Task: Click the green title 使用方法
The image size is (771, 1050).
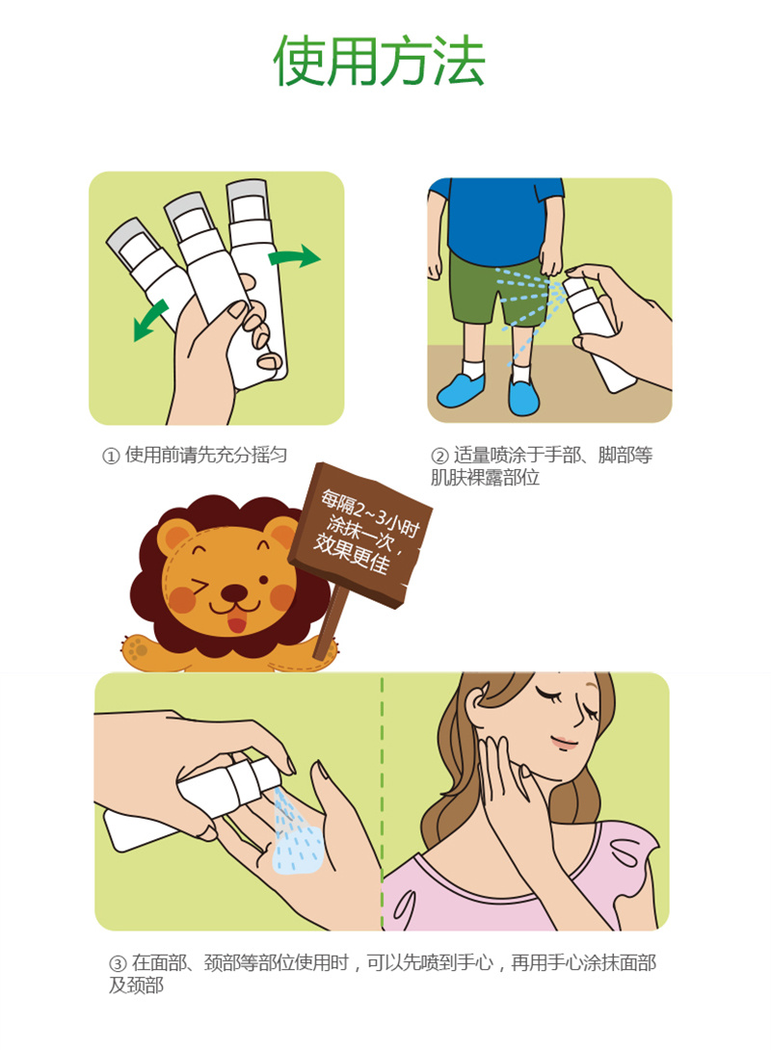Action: (379, 61)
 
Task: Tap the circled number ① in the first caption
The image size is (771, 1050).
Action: (111, 456)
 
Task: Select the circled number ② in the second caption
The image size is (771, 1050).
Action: (439, 456)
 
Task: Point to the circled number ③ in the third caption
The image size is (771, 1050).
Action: (118, 963)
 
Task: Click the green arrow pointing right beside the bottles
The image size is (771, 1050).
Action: (295, 257)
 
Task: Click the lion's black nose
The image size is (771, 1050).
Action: (234, 593)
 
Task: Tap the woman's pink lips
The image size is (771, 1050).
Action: (563, 742)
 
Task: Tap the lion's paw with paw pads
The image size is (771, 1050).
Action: (139, 649)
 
